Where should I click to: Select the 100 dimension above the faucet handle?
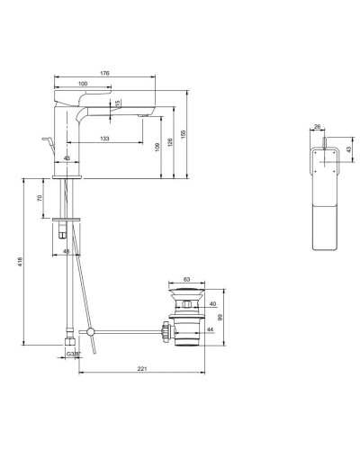[83, 85]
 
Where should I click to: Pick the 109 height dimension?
[158, 146]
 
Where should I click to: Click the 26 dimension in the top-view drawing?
[318, 127]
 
